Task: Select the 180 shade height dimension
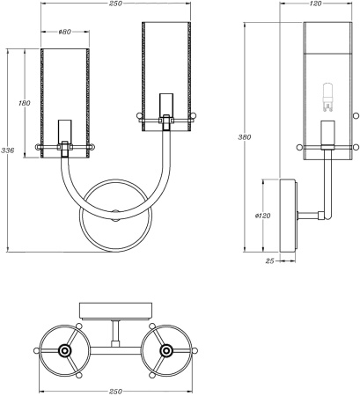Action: (25, 104)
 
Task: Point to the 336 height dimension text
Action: (7, 150)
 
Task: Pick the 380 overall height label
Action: (247, 137)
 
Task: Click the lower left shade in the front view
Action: (65, 106)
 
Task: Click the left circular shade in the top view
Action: (64, 350)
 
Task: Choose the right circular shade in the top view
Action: (165, 350)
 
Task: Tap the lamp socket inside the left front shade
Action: (65, 134)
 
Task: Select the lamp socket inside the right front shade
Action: (165, 107)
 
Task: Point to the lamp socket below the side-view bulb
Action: (328, 133)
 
